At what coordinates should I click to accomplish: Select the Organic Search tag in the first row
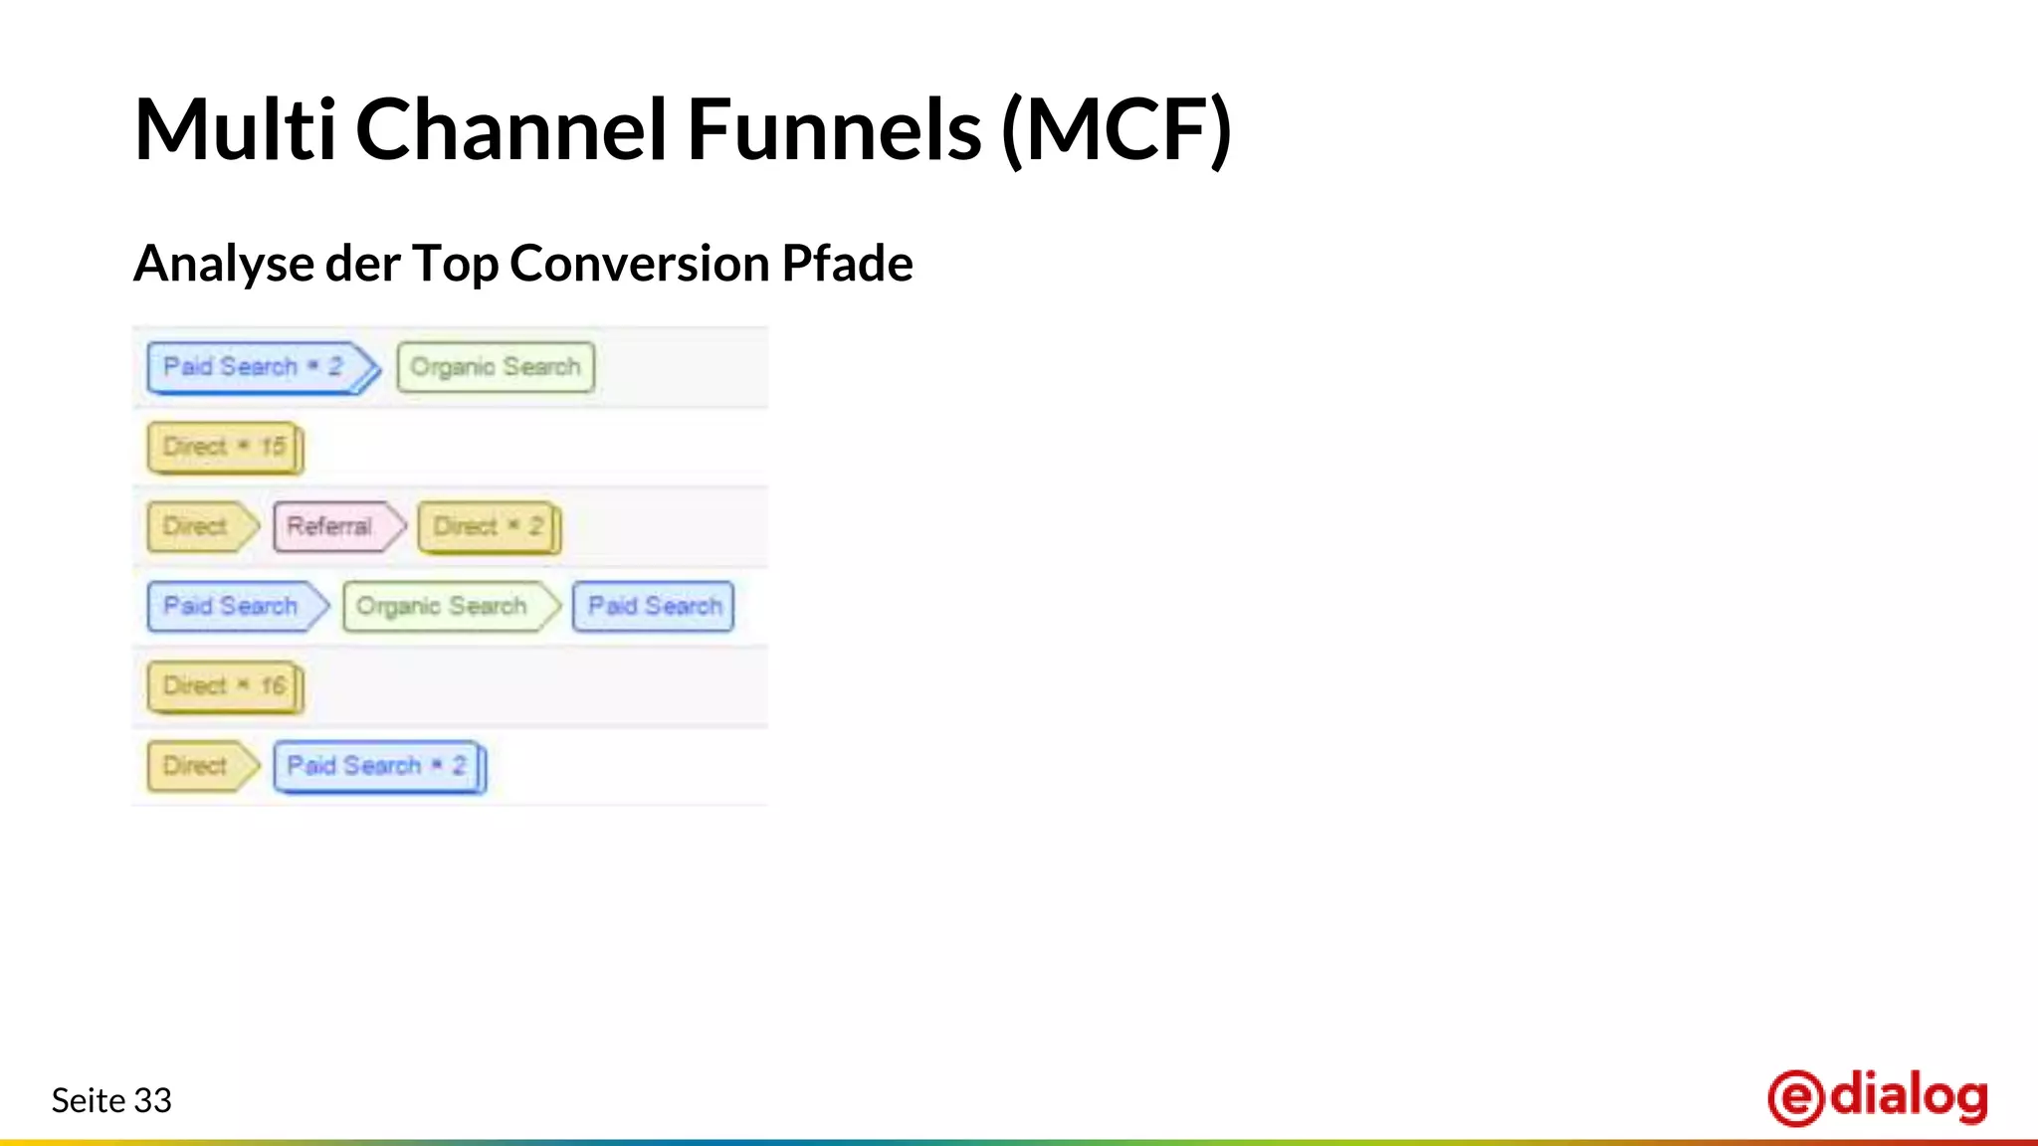495,367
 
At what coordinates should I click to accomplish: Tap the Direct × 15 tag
224,447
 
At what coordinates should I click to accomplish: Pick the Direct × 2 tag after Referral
488,526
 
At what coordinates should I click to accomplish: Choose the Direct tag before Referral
197,526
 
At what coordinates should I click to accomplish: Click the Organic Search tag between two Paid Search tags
445,606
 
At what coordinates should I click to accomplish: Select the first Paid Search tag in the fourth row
233,606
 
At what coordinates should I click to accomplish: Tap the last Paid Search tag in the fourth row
654,606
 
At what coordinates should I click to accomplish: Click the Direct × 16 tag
224,686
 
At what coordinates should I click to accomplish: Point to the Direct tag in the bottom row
197,766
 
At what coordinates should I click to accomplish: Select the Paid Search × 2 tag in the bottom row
378,766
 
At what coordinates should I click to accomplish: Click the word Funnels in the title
834,129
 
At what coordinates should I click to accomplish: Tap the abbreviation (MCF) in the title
1117,129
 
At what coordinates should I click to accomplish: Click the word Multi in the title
235,129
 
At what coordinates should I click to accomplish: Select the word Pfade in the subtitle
847,264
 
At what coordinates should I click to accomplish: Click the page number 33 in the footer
152,1100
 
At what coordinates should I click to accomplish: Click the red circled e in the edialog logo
1796,1098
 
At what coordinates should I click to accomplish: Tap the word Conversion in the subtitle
640,264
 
